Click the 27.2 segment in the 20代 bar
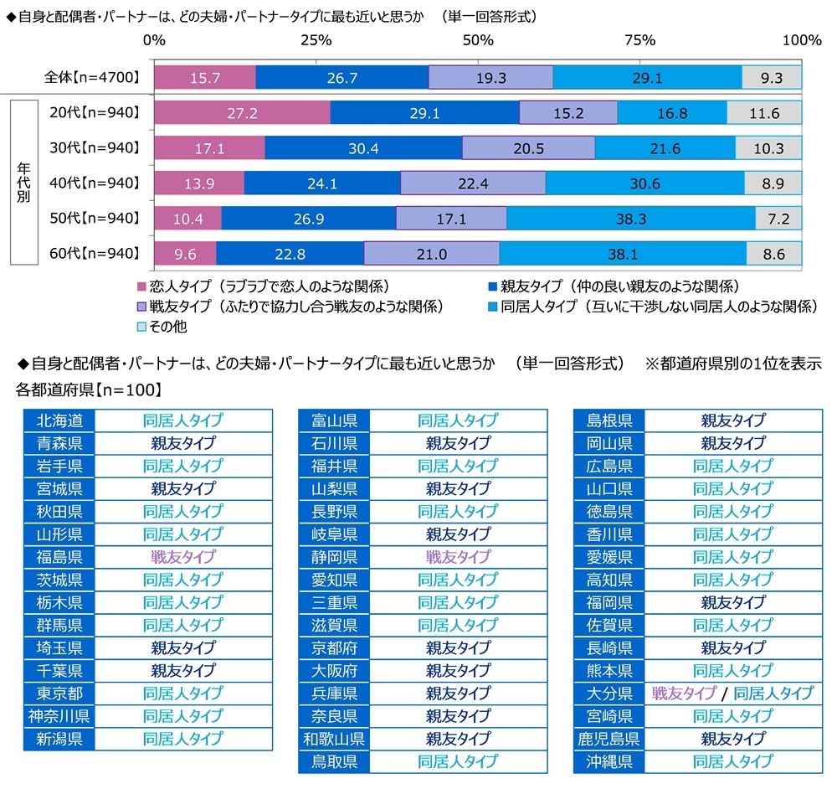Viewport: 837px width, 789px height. (242, 113)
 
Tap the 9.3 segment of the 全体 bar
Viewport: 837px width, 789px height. (772, 78)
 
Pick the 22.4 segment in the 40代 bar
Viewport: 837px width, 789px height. (473, 183)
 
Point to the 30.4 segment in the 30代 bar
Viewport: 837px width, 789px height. (363, 148)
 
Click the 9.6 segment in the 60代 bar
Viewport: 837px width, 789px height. (185, 253)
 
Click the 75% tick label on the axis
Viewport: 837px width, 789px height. (639, 40)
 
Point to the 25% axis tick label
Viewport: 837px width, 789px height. (316, 40)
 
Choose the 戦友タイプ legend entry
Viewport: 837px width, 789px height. (290, 306)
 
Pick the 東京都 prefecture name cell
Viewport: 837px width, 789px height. (59, 694)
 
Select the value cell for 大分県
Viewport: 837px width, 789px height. (732, 694)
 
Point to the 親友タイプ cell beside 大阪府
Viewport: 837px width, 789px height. (457, 671)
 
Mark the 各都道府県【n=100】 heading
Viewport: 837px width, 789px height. (89, 389)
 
